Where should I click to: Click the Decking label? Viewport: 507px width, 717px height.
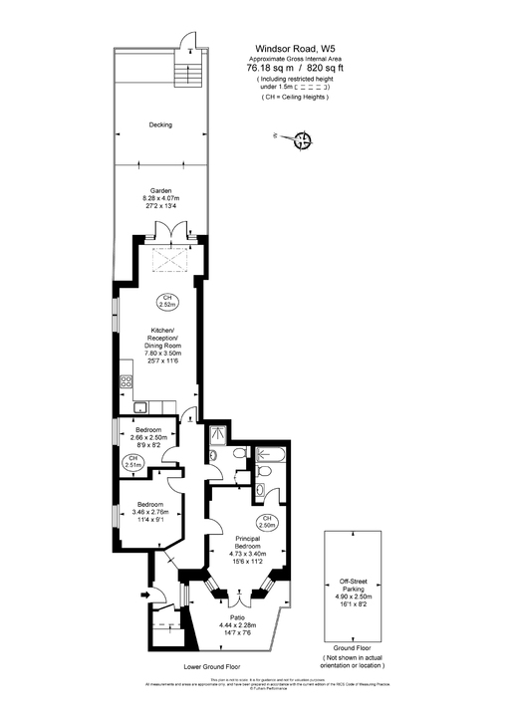point(160,125)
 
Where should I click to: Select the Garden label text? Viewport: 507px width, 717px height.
point(160,190)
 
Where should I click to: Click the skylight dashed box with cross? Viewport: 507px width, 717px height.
point(172,259)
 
